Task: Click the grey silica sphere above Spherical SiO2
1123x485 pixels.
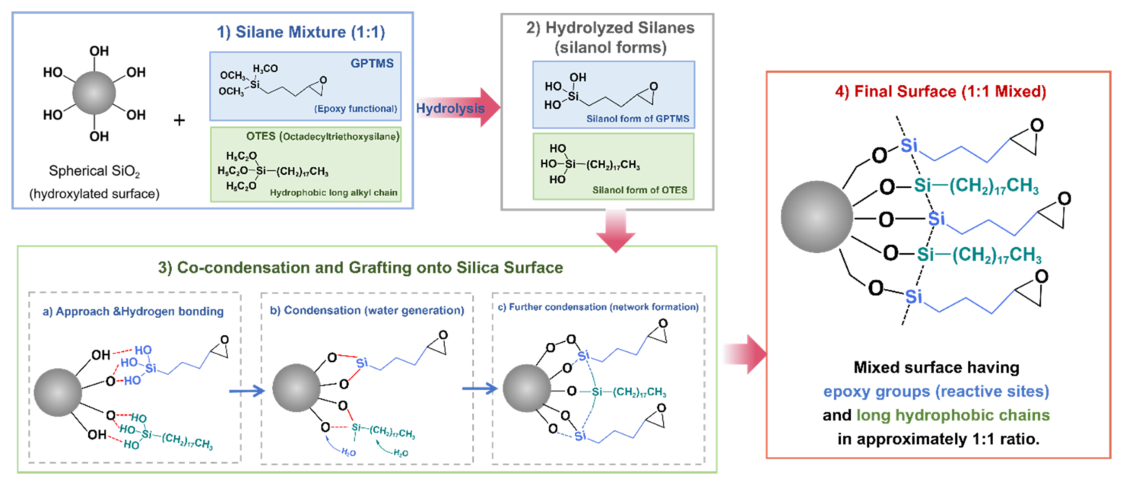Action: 94,93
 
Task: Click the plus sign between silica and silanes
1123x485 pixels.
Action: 179,120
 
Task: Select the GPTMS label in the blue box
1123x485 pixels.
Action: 372,63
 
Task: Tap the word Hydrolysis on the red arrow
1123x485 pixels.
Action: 450,108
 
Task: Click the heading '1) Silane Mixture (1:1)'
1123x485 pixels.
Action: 301,32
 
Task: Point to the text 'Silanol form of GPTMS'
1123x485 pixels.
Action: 638,119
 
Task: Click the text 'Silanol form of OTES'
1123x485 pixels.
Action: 639,190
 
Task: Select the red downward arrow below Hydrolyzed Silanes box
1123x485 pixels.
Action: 616,231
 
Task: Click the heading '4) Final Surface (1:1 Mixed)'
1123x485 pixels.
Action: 941,92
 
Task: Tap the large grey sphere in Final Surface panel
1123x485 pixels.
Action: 817,217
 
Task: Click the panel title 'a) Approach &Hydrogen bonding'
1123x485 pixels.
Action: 133,312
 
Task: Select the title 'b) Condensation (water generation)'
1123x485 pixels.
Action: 367,311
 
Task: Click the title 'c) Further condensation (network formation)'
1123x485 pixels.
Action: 598,306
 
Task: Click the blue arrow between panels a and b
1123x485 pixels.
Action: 246,390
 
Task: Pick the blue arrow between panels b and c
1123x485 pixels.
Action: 480,388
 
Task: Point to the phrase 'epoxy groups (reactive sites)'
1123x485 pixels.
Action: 936,391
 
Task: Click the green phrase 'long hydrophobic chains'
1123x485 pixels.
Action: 953,415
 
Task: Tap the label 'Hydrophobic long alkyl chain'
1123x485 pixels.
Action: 333,192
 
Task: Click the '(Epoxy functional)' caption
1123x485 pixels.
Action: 355,109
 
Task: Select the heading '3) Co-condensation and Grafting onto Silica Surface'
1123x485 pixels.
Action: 360,268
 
